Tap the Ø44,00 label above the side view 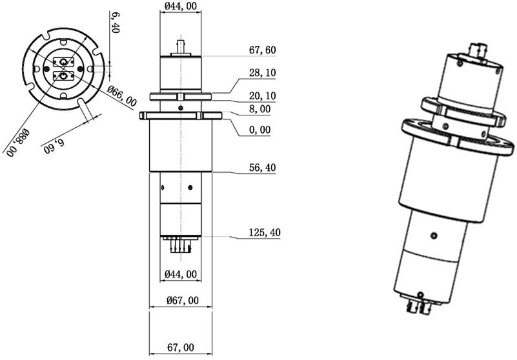pyautogui.click(x=181, y=6)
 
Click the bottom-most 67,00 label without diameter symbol pyautogui.click(x=181, y=348)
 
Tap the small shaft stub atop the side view pyautogui.click(x=181, y=46)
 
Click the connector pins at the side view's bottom pyautogui.click(x=181, y=245)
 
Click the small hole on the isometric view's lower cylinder pyautogui.click(x=434, y=234)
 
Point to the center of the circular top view pyautogui.click(x=63, y=69)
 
